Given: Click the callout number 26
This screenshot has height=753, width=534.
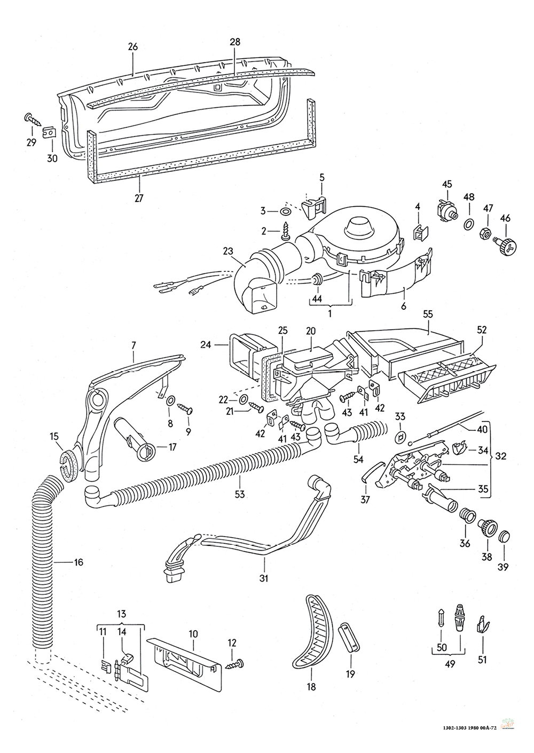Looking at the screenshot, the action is pos(133,46).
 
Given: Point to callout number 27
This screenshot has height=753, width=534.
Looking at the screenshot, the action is pos(139,198).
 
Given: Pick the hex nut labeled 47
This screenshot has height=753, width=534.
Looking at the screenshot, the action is pos(484,232).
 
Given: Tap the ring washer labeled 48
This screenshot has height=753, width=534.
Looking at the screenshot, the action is pos(468,224).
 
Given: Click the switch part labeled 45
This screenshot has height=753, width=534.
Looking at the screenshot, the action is pos(446,211).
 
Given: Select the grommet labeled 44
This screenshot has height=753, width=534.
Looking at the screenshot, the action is pos(317,279).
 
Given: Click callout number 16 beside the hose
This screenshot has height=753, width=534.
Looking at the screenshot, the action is pos(78,562).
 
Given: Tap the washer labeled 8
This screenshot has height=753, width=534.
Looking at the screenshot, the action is pos(170,401).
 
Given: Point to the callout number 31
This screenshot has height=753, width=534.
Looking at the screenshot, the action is pos(264,578).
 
